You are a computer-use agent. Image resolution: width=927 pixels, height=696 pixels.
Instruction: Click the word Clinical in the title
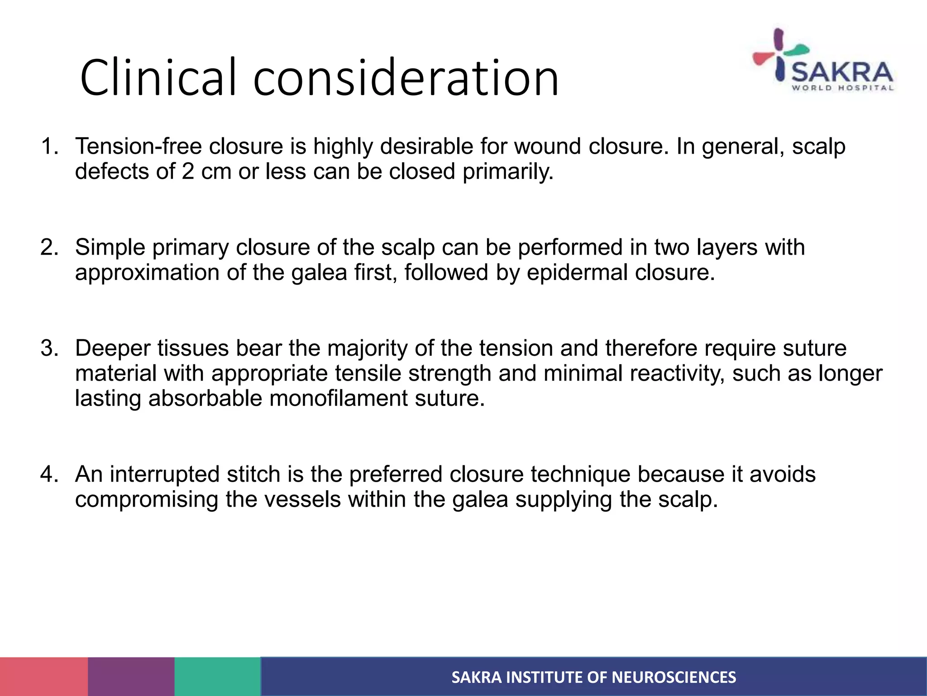click(x=158, y=78)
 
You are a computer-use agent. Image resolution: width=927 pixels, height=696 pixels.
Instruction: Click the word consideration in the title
click(x=406, y=78)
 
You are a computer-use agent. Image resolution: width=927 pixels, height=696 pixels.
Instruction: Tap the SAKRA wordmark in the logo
click(x=841, y=72)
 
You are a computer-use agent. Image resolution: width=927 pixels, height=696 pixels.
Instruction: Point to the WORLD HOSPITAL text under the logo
click(x=842, y=88)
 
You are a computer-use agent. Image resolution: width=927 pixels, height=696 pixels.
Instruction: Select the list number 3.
click(x=49, y=348)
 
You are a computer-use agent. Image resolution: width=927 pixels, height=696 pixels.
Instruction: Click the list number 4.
click(x=49, y=474)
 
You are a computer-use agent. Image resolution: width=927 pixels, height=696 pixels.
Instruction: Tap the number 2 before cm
click(x=188, y=172)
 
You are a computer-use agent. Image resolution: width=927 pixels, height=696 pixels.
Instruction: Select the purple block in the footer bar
click(x=131, y=677)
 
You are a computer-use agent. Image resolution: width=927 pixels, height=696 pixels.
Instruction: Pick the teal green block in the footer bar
click(x=217, y=677)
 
